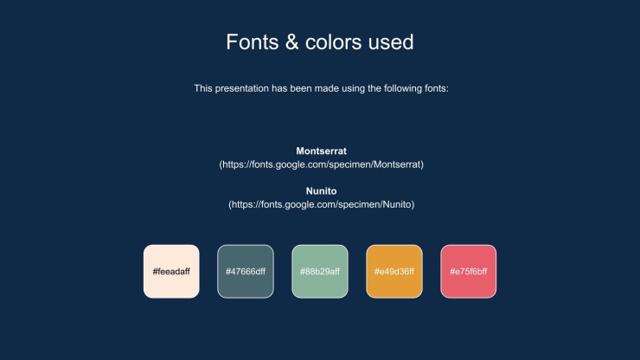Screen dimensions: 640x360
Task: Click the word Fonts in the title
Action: click(253, 42)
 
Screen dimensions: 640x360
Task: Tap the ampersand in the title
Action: click(291, 42)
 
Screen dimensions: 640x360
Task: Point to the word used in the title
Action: click(391, 42)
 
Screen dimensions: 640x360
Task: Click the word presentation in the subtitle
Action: click(242, 88)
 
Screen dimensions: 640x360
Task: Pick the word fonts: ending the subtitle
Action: click(437, 88)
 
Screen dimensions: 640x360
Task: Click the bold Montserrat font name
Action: click(321, 151)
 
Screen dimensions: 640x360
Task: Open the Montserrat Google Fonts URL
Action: click(321, 164)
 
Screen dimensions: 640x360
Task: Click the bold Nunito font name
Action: click(321, 191)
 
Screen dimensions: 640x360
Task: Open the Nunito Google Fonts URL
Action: click(321, 205)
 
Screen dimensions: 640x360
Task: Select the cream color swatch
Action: click(171, 272)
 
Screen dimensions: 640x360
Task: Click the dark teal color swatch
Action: click(246, 272)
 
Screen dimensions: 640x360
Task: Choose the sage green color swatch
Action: click(320, 272)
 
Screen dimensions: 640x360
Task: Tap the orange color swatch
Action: click(394, 272)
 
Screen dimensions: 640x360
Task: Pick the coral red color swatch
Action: click(469, 272)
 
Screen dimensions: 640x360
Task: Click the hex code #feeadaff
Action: click(171, 272)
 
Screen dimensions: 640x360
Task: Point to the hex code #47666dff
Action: click(246, 272)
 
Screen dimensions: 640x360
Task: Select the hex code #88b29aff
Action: click(320, 272)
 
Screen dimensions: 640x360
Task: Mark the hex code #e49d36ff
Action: click(394, 272)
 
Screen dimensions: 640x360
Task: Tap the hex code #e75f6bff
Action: click(469, 272)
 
